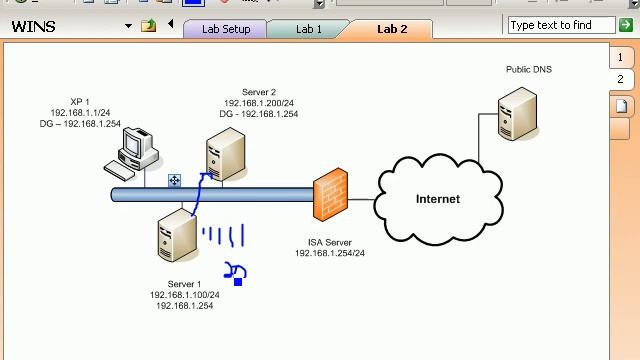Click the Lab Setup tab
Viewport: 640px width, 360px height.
[226, 29]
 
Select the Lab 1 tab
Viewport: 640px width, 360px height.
[309, 29]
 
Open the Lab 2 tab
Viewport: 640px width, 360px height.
[392, 29]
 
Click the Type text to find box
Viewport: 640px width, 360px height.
[561, 25]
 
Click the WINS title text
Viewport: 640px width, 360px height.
[33, 26]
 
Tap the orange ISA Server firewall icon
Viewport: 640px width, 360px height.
[330, 195]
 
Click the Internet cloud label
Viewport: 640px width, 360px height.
[438, 199]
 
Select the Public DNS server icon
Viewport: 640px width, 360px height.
[518, 115]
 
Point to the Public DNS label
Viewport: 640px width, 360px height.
[528, 69]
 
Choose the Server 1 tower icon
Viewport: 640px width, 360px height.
[176, 237]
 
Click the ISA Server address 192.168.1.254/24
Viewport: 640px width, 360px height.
[329, 254]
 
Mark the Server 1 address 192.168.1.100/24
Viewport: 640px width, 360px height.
[184, 295]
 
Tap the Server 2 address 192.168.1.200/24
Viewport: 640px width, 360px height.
[259, 103]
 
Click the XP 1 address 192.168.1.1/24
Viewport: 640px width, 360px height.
[80, 113]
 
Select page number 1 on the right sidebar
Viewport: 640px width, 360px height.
[620, 58]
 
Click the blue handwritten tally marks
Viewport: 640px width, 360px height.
[223, 237]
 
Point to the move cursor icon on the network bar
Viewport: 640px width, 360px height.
[174, 181]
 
